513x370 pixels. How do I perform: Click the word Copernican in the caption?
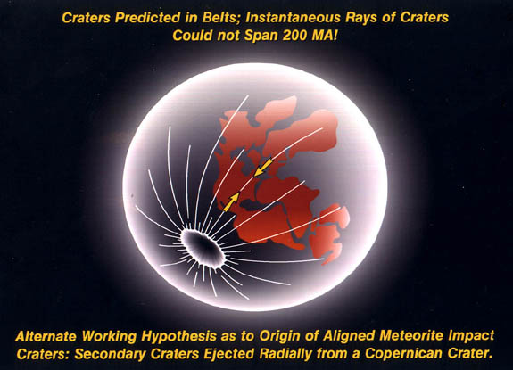[x=403, y=354]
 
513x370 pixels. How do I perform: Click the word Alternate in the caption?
[x=46, y=336]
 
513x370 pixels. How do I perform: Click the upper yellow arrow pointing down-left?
[x=263, y=167]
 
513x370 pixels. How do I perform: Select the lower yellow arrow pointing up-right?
[x=231, y=201]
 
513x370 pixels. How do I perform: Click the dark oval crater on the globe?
[x=203, y=249]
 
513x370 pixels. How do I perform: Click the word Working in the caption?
[x=109, y=337]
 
